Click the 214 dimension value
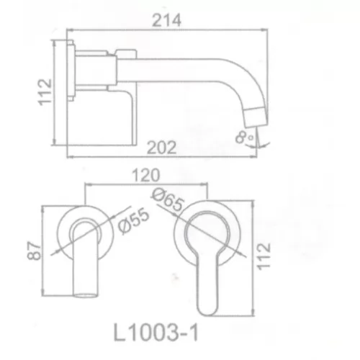[x=166, y=20]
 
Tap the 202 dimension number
[x=162, y=148]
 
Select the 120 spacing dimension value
[x=146, y=175]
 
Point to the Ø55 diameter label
[x=134, y=221]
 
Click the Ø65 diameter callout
[x=168, y=199]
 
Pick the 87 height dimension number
[x=34, y=251]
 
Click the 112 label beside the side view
[x=45, y=92]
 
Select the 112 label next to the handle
[x=264, y=257]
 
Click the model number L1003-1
[x=156, y=333]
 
